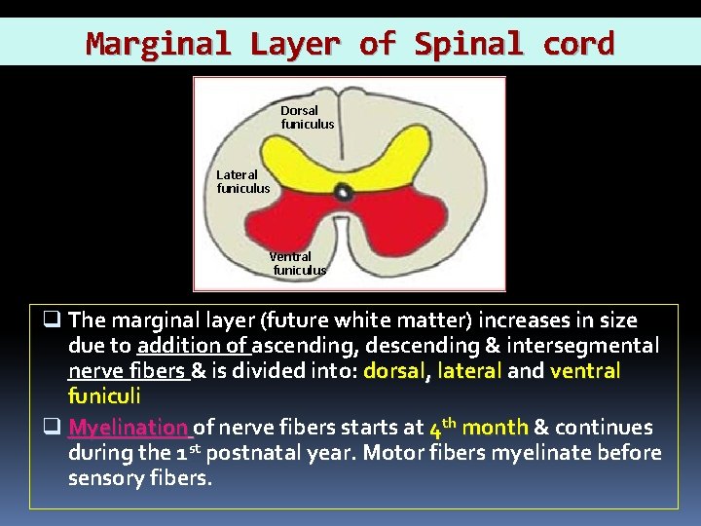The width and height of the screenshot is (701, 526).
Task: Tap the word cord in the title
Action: point(578,44)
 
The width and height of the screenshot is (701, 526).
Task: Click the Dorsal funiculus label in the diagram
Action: point(307,117)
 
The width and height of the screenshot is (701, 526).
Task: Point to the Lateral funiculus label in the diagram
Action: point(242,181)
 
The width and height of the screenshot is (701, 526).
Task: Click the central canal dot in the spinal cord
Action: point(344,193)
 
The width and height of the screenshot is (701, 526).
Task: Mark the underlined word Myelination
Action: point(129,428)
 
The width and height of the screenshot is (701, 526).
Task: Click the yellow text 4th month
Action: point(478,427)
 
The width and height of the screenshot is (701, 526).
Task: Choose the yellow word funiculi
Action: point(104,396)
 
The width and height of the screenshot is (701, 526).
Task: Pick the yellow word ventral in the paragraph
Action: point(585,371)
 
